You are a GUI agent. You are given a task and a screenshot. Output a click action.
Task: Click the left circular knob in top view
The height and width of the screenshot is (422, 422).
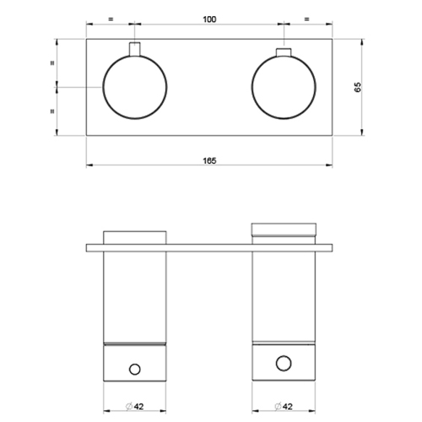coord(135,88)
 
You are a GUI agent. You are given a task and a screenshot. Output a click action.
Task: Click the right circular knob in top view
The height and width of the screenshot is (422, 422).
coord(284,88)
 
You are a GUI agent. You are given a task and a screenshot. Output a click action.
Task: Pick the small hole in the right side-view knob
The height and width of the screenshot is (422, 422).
coord(284,363)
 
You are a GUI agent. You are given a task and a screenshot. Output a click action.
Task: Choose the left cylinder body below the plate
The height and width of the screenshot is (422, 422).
coord(135,295)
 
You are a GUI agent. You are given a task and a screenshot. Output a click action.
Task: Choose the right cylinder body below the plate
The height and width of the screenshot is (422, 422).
coord(284,295)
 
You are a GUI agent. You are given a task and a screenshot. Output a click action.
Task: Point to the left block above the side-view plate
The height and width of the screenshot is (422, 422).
coord(135,235)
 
